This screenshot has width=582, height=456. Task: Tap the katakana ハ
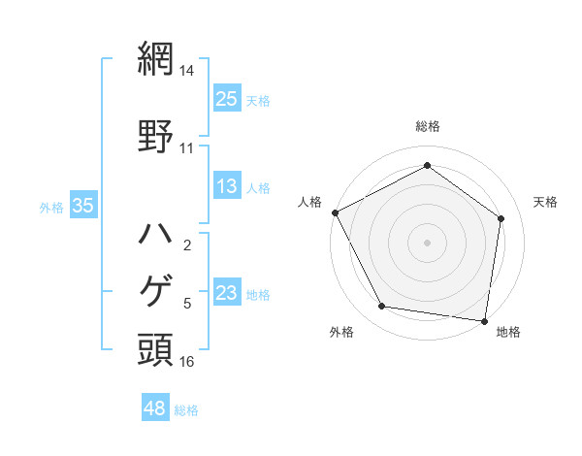[156, 234]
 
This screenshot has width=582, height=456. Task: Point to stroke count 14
[186, 71]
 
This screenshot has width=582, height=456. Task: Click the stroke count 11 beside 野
[186, 148]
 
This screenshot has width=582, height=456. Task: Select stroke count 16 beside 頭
[186, 362]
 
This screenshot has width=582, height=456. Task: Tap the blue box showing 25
[227, 99]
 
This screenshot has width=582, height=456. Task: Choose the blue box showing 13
[227, 187]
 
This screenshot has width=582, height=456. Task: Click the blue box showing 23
[227, 293]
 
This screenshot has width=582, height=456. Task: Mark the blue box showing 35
[82, 206]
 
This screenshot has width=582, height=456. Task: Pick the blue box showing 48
[155, 408]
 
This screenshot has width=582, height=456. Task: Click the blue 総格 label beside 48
[186, 410]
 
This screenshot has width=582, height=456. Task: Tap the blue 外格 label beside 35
[52, 207]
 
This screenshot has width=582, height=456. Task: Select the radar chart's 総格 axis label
[427, 126]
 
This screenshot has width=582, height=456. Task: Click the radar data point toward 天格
[501, 218]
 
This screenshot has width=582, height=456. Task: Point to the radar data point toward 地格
[485, 320]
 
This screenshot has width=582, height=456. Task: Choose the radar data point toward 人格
[335, 212]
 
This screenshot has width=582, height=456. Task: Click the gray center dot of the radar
[427, 242]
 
